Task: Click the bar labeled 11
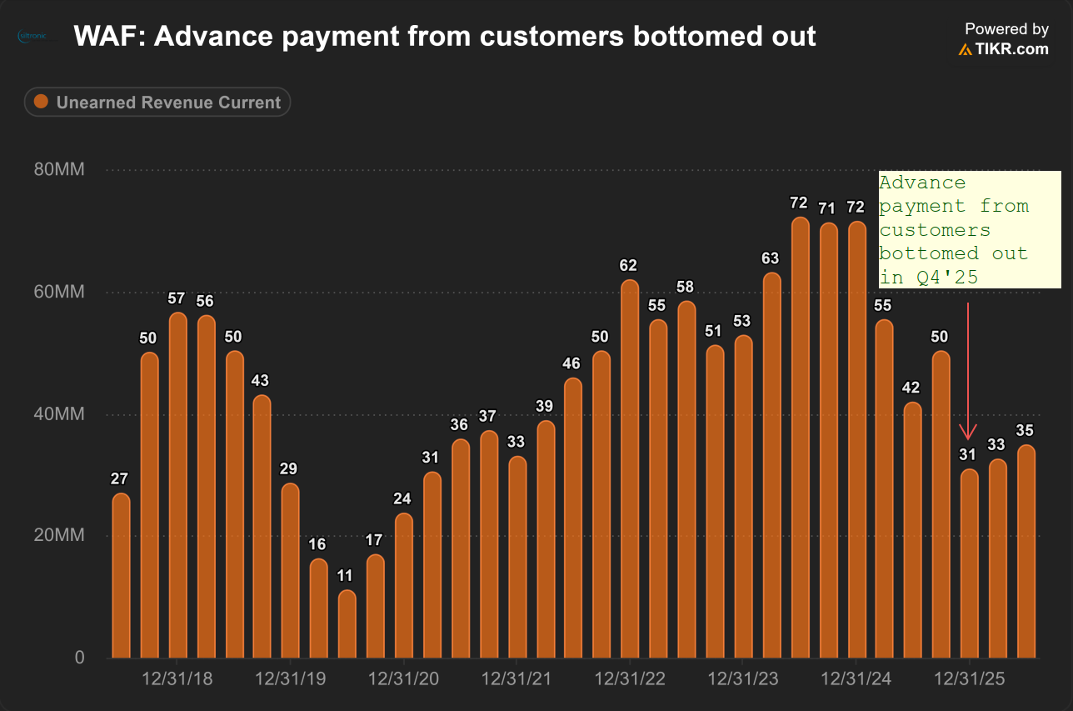347,623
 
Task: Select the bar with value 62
630,468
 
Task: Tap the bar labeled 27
121,575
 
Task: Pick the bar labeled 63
771,465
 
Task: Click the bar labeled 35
1026,551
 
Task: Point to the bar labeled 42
912,530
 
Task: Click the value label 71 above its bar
826,208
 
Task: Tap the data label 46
571,363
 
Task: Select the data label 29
288,468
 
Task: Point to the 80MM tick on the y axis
59,169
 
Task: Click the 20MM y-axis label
59,534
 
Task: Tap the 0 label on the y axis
79,658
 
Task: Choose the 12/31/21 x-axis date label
517,678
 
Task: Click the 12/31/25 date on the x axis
970,678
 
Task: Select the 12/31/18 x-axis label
177,678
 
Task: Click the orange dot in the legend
41,102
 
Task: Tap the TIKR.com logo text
1011,49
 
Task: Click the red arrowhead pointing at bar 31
968,432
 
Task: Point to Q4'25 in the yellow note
947,278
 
